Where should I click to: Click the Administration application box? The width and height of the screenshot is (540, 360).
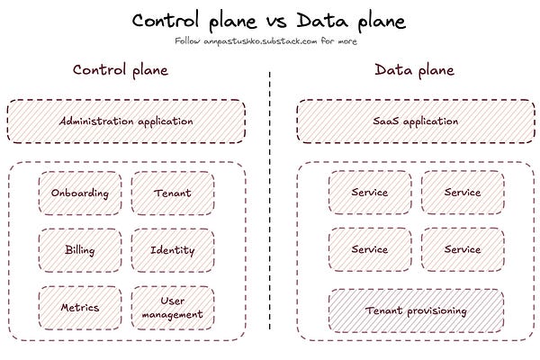click(x=126, y=121)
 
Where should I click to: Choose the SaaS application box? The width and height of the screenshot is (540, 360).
click(x=416, y=121)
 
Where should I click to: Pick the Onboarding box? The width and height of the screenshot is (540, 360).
click(x=79, y=193)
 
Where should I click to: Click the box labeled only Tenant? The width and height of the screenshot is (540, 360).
click(x=173, y=193)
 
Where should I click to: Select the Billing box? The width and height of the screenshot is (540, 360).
click(x=79, y=249)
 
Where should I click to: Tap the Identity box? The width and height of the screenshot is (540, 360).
click(x=173, y=249)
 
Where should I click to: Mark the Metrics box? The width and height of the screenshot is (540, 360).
click(x=79, y=307)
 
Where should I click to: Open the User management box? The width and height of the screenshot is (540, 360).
click(x=173, y=307)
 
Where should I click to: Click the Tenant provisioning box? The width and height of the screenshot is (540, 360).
click(x=416, y=310)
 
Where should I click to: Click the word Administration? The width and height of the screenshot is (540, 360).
click(x=95, y=121)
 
